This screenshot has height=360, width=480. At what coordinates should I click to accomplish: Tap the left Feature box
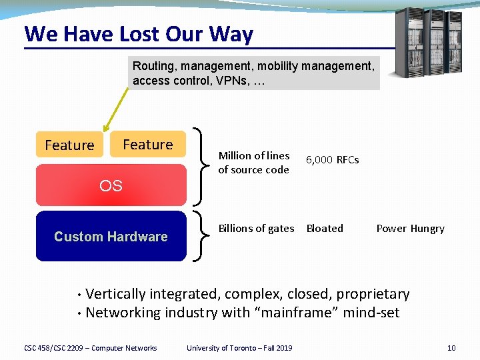(x=69, y=145)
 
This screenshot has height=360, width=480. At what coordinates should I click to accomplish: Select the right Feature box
(x=147, y=144)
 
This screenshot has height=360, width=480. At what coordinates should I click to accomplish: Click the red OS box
(x=111, y=186)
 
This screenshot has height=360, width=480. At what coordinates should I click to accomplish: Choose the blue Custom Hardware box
(x=111, y=237)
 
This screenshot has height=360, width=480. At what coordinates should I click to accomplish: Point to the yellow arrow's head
(x=104, y=131)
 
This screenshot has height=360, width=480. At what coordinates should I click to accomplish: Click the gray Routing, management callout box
(x=253, y=73)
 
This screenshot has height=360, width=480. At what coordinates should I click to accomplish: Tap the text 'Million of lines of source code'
(x=254, y=163)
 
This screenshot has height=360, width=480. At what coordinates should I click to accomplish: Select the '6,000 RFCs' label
(x=332, y=160)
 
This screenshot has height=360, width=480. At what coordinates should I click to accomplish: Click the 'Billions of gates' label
(x=256, y=228)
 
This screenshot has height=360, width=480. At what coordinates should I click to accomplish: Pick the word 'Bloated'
(x=325, y=228)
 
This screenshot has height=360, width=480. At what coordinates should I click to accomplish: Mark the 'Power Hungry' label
(x=410, y=228)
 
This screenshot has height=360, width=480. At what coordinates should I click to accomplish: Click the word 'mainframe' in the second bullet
(x=295, y=313)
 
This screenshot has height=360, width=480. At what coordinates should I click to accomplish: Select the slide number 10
(x=451, y=347)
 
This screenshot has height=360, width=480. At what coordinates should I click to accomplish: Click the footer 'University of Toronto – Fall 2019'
(x=239, y=347)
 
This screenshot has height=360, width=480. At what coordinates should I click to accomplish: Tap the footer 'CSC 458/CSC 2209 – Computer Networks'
(x=91, y=347)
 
